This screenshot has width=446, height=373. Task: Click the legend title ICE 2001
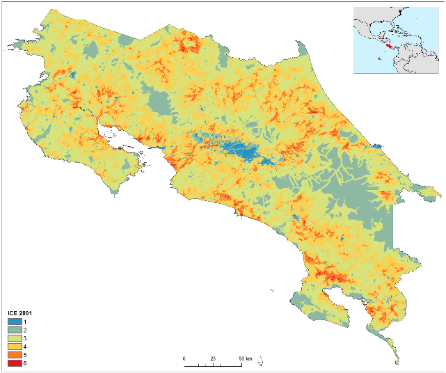pyautogui.click(x=19, y=314)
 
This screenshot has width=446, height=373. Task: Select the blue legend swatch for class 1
pyautogui.click(x=14, y=322)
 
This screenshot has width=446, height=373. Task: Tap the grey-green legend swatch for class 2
pyautogui.click(x=14, y=331)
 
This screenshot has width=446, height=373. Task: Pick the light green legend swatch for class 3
pyautogui.click(x=14, y=339)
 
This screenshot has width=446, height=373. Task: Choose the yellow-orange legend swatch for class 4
pyautogui.click(x=14, y=347)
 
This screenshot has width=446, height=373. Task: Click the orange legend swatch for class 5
pyautogui.click(x=14, y=355)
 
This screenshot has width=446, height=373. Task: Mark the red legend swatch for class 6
pyautogui.click(x=14, y=363)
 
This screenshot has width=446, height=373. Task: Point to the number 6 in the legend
pyautogui.click(x=26, y=363)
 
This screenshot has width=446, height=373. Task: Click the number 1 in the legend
pyautogui.click(x=26, y=322)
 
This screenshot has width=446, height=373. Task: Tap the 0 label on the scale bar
pyautogui.click(x=184, y=358)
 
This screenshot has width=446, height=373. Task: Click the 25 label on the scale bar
pyautogui.click(x=213, y=358)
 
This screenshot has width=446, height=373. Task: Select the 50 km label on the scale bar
pyautogui.click(x=244, y=358)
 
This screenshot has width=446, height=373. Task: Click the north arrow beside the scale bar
pyautogui.click(x=260, y=360)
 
